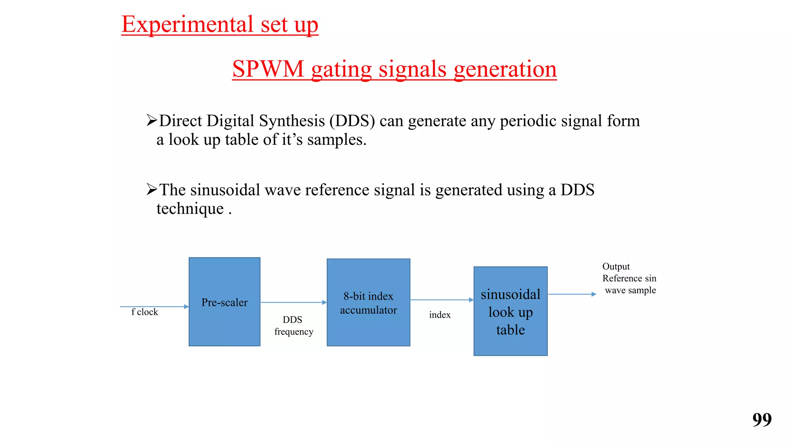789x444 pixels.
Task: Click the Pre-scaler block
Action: click(224, 302)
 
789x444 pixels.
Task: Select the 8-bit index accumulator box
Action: click(368, 303)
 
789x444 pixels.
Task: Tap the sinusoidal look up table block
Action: click(510, 311)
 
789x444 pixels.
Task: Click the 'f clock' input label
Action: click(144, 312)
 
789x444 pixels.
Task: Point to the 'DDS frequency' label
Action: click(293, 326)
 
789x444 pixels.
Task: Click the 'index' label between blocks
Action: click(440, 315)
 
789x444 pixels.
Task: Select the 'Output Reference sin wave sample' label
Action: click(629, 278)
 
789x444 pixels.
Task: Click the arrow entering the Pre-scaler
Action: click(154, 306)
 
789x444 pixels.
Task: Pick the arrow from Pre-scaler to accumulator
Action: click(293, 303)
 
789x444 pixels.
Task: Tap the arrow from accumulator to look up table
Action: click(442, 299)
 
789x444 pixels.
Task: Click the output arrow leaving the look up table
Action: click(572, 294)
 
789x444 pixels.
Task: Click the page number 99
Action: click(762, 419)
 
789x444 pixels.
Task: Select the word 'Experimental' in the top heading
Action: click(187, 24)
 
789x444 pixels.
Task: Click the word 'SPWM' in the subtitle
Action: click(268, 69)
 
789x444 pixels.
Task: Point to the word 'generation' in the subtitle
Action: click(505, 69)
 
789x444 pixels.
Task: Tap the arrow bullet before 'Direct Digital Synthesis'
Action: click(152, 120)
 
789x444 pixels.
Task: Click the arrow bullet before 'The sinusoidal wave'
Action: click(152, 189)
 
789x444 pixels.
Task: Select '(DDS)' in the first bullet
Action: click(352, 121)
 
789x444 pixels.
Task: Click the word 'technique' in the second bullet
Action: click(190, 209)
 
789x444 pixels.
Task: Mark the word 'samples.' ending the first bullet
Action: click(337, 140)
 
